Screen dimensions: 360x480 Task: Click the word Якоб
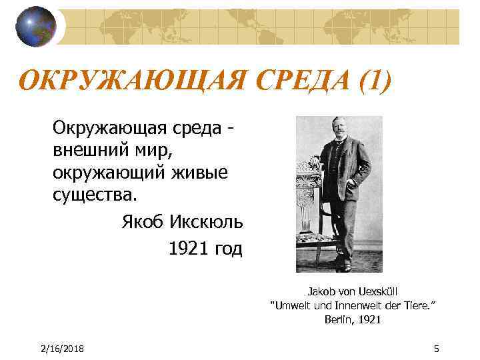pyautogui.click(x=143, y=221)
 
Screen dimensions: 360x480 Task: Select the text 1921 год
pyautogui.click(x=205, y=249)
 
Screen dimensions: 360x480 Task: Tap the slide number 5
pyautogui.click(x=436, y=349)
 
